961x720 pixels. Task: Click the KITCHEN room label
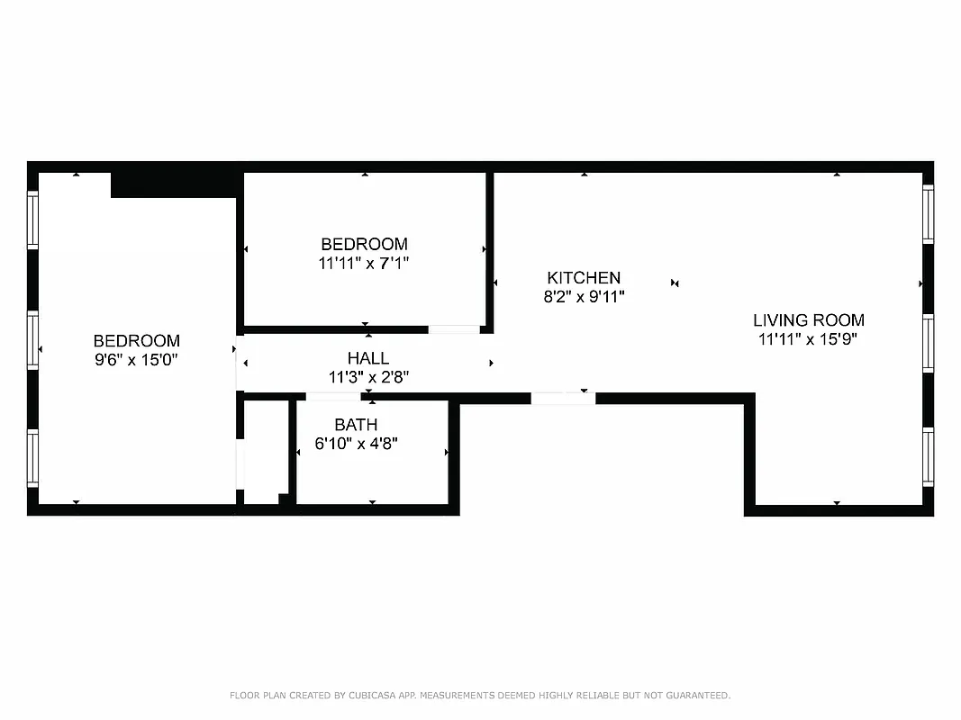click(584, 278)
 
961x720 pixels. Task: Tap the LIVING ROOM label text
click(809, 319)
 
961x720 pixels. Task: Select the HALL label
click(368, 358)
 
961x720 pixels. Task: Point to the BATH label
click(356, 424)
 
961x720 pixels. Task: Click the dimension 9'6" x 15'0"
click(137, 360)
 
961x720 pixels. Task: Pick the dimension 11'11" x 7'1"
click(364, 264)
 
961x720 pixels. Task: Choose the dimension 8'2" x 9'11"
click(584, 297)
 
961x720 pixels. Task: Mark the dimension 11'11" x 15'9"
click(809, 339)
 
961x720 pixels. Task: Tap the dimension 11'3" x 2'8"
click(368, 378)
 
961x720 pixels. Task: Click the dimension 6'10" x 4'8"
click(356, 443)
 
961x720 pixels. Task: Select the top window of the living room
click(928, 212)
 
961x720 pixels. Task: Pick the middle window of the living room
click(928, 343)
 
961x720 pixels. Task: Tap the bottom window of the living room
click(928, 457)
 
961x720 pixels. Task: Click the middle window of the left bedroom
click(33, 341)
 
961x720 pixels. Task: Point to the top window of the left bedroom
click(33, 220)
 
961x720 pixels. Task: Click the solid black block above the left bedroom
click(174, 184)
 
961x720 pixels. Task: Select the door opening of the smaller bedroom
click(454, 329)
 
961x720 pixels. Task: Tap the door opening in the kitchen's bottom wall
click(563, 398)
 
